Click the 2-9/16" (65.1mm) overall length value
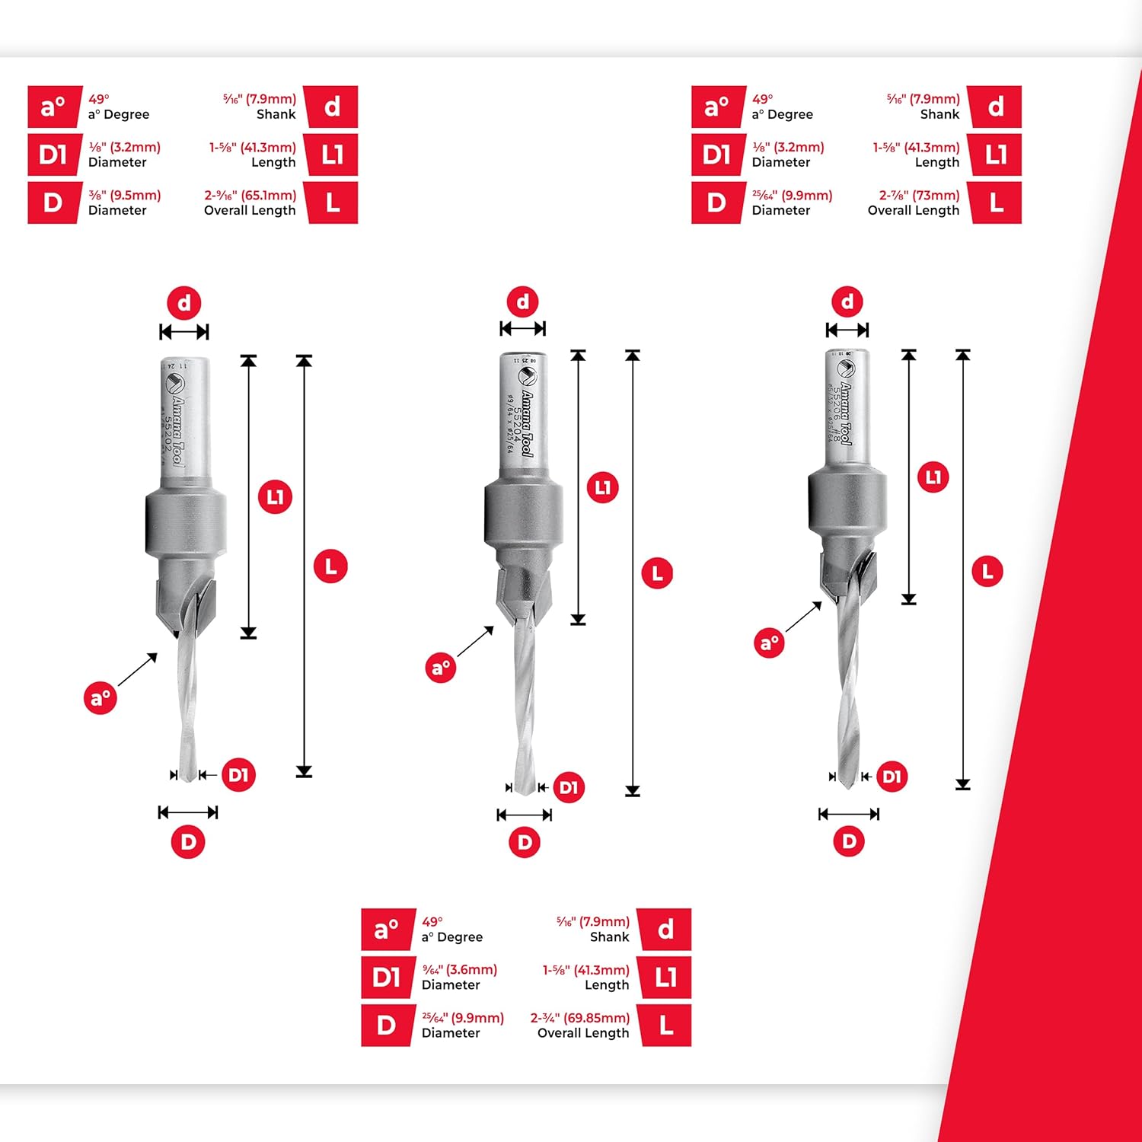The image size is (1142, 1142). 250,196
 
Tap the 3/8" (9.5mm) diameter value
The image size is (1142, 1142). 125,196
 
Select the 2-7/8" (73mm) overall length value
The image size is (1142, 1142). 919,196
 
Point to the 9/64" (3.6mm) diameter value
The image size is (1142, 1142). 460,970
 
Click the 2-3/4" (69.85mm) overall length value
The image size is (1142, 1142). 580,1018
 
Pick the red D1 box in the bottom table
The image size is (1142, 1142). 387,977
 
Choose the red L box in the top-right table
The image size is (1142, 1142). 996,203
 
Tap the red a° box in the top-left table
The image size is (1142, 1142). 53,107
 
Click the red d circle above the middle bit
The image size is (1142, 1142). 523,301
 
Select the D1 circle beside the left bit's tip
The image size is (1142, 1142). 238,775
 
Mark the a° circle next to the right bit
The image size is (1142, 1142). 769,643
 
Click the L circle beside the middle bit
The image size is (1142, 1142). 657,573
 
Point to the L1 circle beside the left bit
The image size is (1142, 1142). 275,497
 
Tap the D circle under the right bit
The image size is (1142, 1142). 849,841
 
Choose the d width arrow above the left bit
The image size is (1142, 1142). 184,332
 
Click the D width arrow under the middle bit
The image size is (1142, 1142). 525,815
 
